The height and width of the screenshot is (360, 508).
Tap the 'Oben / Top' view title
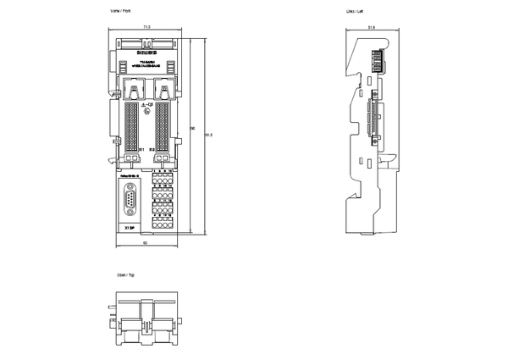click(126, 275)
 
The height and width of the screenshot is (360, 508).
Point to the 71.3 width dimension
click(146, 27)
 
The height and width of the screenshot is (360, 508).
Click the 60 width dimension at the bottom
click(146, 243)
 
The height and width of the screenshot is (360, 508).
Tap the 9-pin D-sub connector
click(130, 201)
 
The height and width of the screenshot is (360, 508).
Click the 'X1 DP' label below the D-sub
click(129, 228)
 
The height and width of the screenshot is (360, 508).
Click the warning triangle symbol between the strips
click(143, 104)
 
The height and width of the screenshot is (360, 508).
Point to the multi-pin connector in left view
click(371, 122)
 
